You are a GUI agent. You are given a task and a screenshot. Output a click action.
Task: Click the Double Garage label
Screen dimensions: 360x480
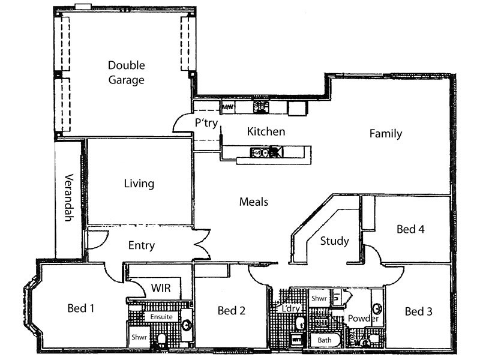pos(126,73)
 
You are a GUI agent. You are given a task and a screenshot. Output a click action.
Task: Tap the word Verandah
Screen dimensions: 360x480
pos(68,197)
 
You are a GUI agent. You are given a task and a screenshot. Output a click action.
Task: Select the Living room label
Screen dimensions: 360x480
pos(139,184)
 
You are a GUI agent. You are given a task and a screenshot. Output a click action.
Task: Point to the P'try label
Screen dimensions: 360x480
pos(205,122)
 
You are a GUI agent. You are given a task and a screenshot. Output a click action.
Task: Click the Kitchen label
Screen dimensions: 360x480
pos(266,131)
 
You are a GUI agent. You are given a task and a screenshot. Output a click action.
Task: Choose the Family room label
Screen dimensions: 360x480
pos(385,134)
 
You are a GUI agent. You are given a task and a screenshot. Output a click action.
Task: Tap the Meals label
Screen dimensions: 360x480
pos(253,202)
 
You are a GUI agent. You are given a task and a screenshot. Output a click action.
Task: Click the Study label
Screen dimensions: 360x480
pos(334,241)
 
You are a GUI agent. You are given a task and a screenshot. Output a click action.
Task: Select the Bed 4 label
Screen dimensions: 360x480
pos(411,229)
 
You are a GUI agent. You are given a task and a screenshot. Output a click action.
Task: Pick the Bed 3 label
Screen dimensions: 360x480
pos(419,311)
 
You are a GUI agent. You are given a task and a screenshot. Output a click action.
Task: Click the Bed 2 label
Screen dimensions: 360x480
pos(232,310)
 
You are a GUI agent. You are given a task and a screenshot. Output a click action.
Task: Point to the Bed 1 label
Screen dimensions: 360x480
pos(81,308)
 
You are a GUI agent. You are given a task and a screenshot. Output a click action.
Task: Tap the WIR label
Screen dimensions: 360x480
pos(161,289)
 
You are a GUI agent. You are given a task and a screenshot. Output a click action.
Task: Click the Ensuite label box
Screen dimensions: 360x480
pos(161,316)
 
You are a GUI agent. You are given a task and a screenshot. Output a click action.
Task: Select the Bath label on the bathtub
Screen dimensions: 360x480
pos(324,340)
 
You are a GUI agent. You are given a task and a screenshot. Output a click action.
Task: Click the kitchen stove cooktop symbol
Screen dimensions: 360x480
pos(261,107)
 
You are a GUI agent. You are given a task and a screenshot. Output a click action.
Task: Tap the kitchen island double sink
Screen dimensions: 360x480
pos(259,152)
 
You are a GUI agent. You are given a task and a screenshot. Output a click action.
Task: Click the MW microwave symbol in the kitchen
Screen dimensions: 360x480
pos(228,107)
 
